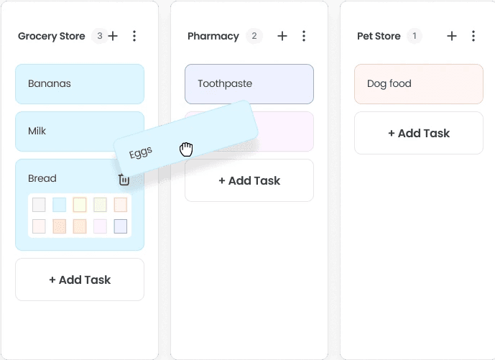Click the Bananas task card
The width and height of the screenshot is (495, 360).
click(x=79, y=84)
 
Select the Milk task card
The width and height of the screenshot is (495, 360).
click(x=65, y=131)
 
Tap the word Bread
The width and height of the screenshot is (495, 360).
click(x=42, y=178)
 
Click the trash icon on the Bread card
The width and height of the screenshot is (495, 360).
click(x=124, y=180)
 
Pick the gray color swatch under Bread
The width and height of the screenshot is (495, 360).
click(x=39, y=205)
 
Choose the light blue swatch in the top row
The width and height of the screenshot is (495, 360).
click(x=59, y=205)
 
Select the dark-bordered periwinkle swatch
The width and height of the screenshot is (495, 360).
click(x=120, y=226)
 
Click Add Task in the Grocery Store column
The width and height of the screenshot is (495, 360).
click(x=79, y=280)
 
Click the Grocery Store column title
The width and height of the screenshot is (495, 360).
click(x=51, y=36)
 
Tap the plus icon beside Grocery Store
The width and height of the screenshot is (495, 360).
click(x=114, y=36)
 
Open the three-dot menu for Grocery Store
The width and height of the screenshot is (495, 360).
click(x=134, y=36)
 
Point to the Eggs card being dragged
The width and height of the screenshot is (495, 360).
click(x=185, y=140)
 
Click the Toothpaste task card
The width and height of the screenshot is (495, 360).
click(x=249, y=84)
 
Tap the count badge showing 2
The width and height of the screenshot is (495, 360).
click(x=254, y=36)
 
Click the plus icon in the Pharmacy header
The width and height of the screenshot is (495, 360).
click(x=282, y=36)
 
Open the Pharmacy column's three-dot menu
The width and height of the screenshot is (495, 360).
click(x=304, y=36)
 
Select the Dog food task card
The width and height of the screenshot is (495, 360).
click(x=418, y=84)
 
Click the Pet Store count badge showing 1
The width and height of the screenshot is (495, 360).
click(x=414, y=36)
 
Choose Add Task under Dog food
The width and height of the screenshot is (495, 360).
click(x=418, y=133)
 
